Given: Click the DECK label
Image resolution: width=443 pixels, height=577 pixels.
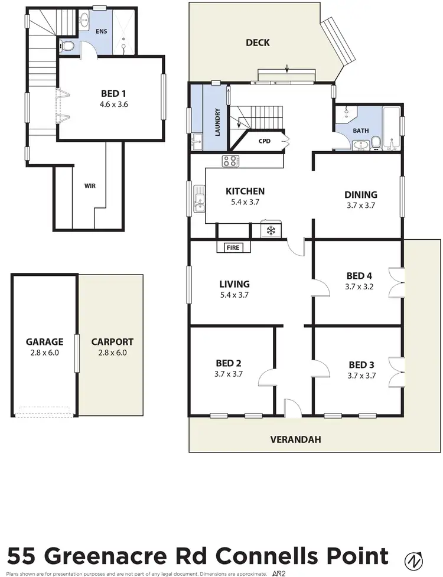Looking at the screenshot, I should tap(258, 43).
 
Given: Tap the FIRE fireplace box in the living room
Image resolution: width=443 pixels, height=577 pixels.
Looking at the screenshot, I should tap(233, 247).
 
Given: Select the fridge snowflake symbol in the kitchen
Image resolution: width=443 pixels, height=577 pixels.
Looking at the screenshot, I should tap(272, 230).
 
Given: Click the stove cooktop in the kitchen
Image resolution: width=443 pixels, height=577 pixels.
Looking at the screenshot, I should tap(230, 161).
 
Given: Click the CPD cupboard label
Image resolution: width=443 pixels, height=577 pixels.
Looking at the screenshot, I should tap(264, 142).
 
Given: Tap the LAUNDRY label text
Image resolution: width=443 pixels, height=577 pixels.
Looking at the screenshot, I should tap(217, 122).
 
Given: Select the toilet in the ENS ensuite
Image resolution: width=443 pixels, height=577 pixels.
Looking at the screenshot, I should tap(68, 45).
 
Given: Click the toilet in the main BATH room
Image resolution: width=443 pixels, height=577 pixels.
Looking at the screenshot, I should tap(375, 144).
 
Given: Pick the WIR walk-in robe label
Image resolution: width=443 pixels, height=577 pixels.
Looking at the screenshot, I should tap(90, 185).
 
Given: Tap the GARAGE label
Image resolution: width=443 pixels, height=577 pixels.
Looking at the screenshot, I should tap(44, 341).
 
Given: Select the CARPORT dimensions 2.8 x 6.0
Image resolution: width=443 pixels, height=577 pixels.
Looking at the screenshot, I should tap(112, 353).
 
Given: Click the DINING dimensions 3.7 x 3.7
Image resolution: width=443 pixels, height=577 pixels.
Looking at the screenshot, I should tap(361, 206).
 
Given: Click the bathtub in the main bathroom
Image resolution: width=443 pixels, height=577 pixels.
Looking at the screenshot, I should tap(391, 127).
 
